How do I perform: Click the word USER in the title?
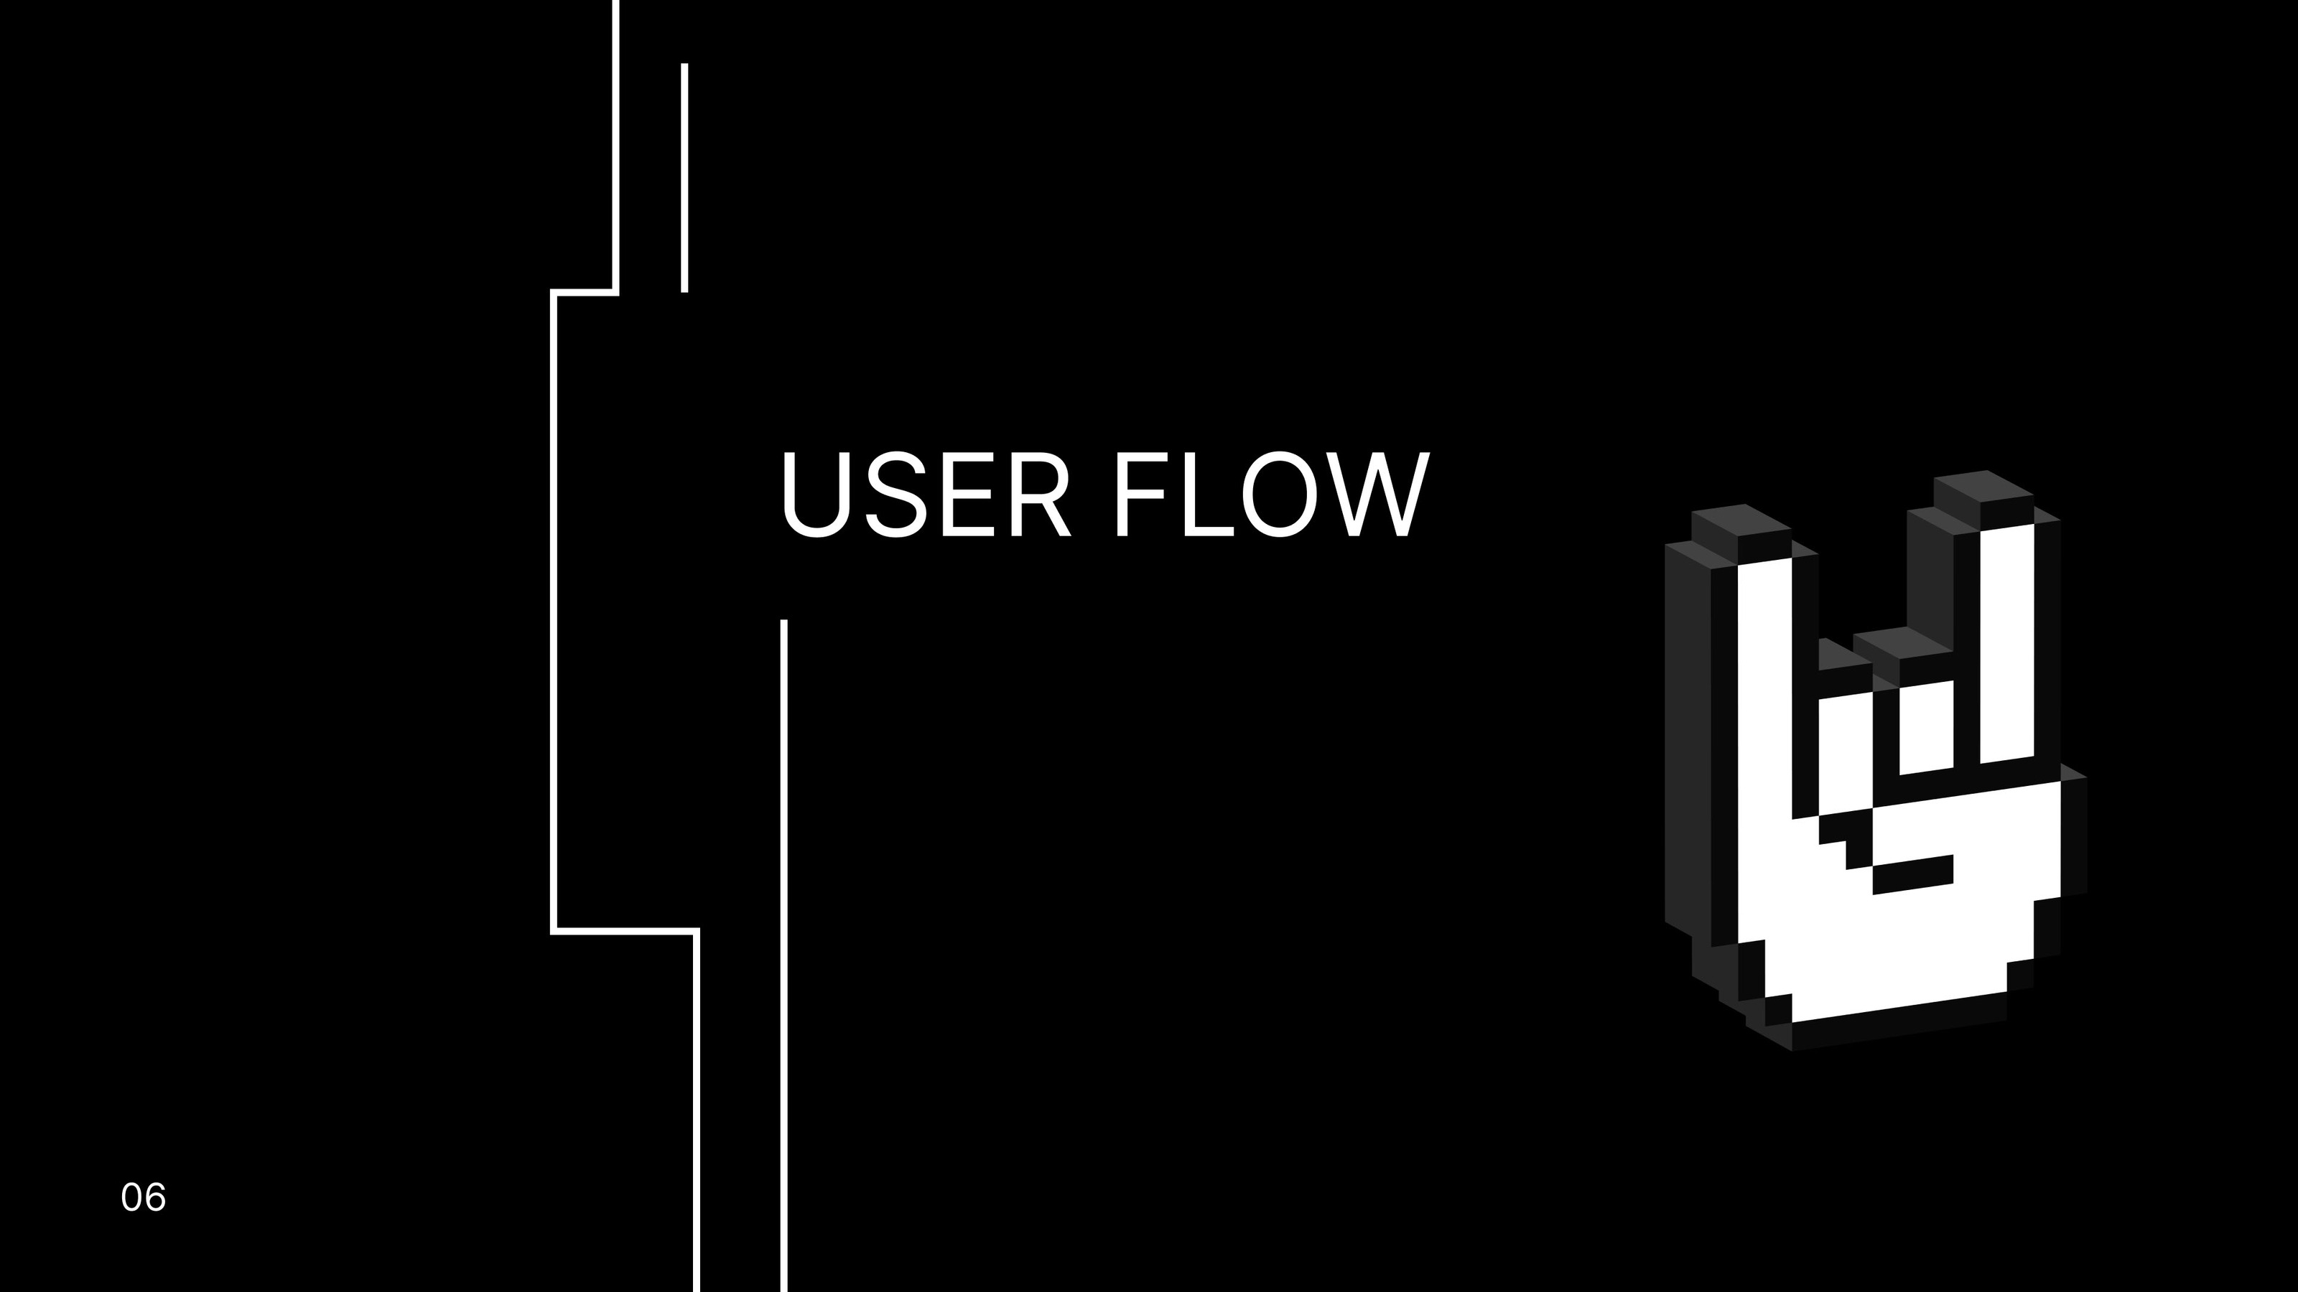click(926, 495)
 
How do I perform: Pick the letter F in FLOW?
click(1143, 495)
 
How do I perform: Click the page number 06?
click(143, 1197)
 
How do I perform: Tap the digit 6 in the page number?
click(154, 1197)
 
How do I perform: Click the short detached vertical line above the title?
click(684, 177)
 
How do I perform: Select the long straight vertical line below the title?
click(784, 955)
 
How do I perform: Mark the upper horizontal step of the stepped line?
click(585, 291)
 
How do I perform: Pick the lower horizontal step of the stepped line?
click(625, 932)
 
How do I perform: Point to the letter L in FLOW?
click(1208, 495)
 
